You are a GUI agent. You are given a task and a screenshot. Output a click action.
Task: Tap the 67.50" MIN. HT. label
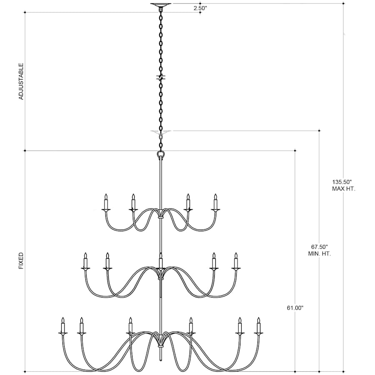[320, 250]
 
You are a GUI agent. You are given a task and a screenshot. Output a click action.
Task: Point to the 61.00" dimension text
[295, 308]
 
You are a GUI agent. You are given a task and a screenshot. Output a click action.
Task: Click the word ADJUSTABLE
[21, 81]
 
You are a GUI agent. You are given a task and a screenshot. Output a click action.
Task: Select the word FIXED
[21, 260]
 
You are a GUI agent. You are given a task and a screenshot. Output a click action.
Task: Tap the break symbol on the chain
[160, 77]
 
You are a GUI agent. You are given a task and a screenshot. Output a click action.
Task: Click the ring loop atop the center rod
[160, 155]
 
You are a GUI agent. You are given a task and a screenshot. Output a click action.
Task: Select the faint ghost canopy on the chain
[160, 132]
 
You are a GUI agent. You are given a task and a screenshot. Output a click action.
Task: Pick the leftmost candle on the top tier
[106, 202]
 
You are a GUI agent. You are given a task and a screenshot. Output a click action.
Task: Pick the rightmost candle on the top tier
[215, 202]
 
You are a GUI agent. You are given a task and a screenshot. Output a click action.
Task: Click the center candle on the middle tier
[160, 261]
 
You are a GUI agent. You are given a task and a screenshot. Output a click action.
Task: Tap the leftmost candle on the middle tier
[85, 261]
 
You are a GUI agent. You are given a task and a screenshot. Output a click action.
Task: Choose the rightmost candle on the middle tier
[236, 261]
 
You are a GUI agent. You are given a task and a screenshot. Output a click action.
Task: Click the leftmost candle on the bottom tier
[63, 326]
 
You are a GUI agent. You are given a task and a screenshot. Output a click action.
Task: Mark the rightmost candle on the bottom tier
[258, 326]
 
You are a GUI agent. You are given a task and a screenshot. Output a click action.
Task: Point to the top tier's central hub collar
[160, 217]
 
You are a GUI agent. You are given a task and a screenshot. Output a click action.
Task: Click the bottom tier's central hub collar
[160, 345]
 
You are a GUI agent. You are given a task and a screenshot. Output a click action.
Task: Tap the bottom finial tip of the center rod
[160, 359]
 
